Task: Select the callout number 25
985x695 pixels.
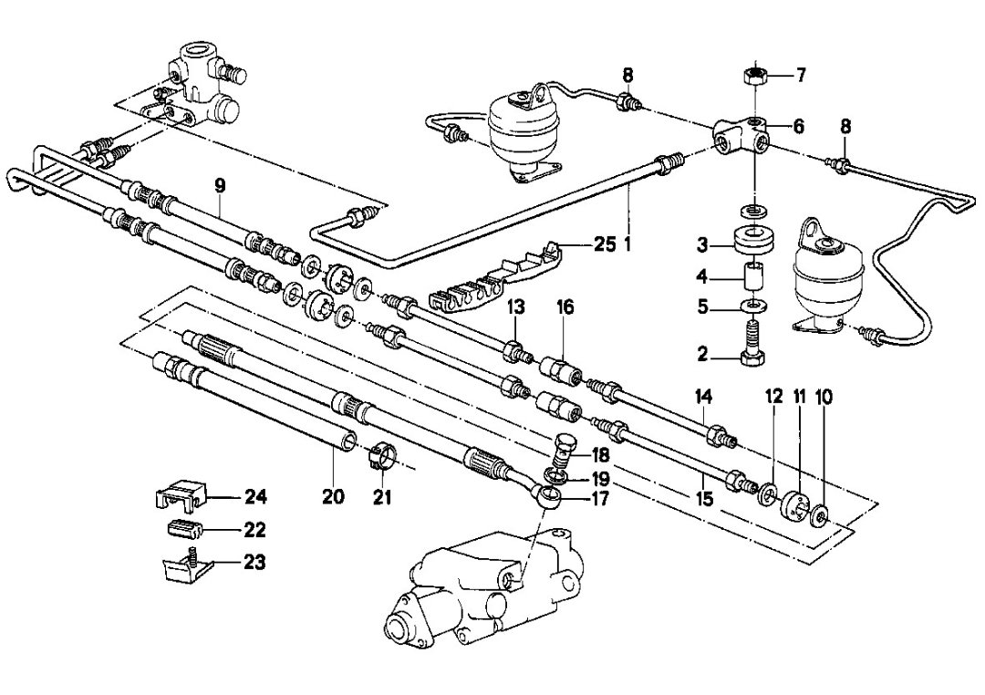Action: point(605,244)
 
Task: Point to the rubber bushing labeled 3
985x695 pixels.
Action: point(754,242)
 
